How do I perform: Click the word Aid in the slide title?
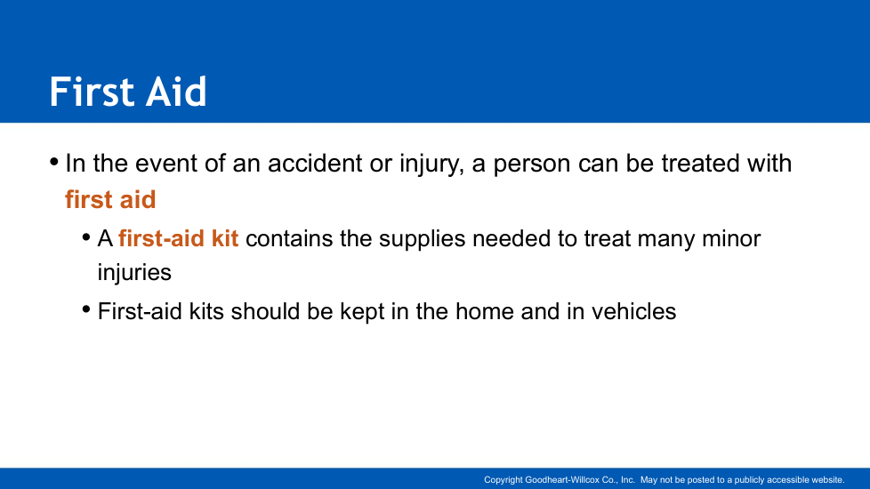[176, 92]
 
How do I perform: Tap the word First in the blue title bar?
[93, 92]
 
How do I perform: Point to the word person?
[532, 164]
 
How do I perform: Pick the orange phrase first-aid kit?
[178, 238]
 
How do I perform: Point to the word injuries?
[134, 273]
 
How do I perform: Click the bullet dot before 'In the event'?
[54, 163]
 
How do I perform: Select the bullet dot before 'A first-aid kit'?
[86, 238]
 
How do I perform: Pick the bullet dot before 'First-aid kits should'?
[86, 309]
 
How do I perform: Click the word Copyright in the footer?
[503, 480]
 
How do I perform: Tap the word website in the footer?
[827, 479]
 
